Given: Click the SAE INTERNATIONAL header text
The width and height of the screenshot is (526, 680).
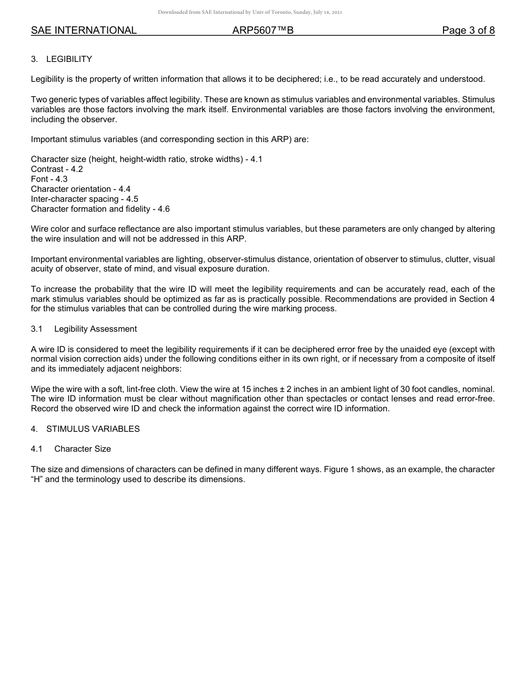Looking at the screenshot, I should tap(84, 30).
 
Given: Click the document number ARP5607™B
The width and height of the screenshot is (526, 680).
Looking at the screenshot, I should tap(263, 30).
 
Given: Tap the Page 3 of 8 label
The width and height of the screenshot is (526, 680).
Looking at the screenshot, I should tap(468, 30).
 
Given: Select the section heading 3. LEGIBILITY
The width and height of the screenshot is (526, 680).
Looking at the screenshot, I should tap(61, 59).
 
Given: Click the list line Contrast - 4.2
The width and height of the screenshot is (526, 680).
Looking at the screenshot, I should tap(57, 169).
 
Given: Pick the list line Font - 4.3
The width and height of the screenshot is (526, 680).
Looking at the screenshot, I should tap(49, 179).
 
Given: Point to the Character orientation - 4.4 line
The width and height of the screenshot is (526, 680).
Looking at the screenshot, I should tap(81, 189).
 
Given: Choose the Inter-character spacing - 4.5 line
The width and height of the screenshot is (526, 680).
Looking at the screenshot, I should tap(85, 199).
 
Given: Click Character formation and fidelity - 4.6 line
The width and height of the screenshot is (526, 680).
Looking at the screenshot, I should tap(100, 209).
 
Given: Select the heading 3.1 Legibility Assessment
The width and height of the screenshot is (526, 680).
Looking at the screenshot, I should tap(84, 329).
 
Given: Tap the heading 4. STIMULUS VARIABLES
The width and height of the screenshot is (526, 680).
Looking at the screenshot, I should tap(85, 429).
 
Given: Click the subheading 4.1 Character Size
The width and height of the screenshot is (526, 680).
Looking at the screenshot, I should tap(71, 449).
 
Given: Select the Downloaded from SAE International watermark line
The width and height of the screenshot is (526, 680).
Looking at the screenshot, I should tap(250, 12).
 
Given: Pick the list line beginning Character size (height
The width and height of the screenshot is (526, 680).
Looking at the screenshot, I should tap(147, 159).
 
